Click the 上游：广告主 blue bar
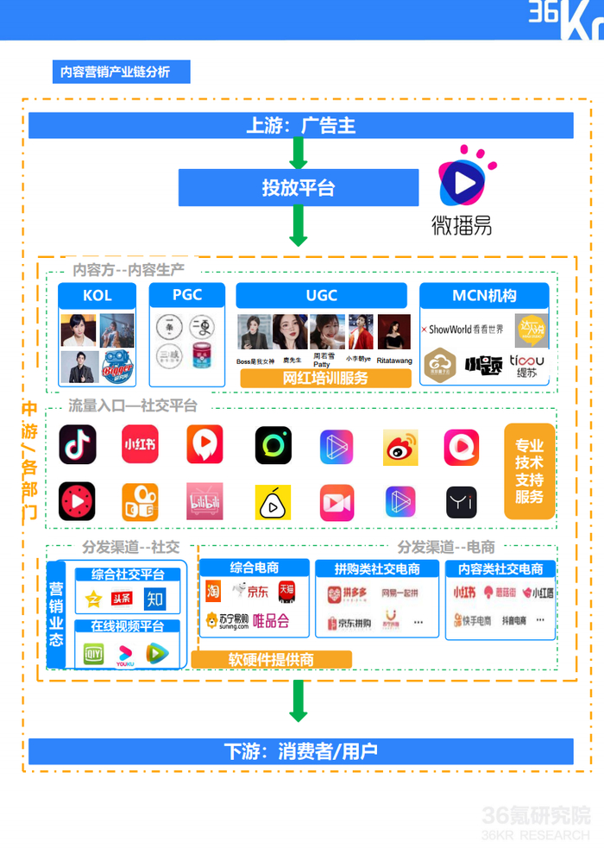301,126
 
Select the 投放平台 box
299,188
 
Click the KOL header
98,295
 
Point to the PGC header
186,295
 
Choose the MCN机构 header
484,295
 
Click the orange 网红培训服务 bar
324,378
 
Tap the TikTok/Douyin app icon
78,445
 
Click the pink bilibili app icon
204,501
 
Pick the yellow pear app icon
273,502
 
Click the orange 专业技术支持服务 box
529,471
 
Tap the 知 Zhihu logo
154,598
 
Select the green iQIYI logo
92,654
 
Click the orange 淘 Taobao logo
213,592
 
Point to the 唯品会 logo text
270,620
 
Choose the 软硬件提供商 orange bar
271,659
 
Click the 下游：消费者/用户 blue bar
301,750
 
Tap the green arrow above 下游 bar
299,700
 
